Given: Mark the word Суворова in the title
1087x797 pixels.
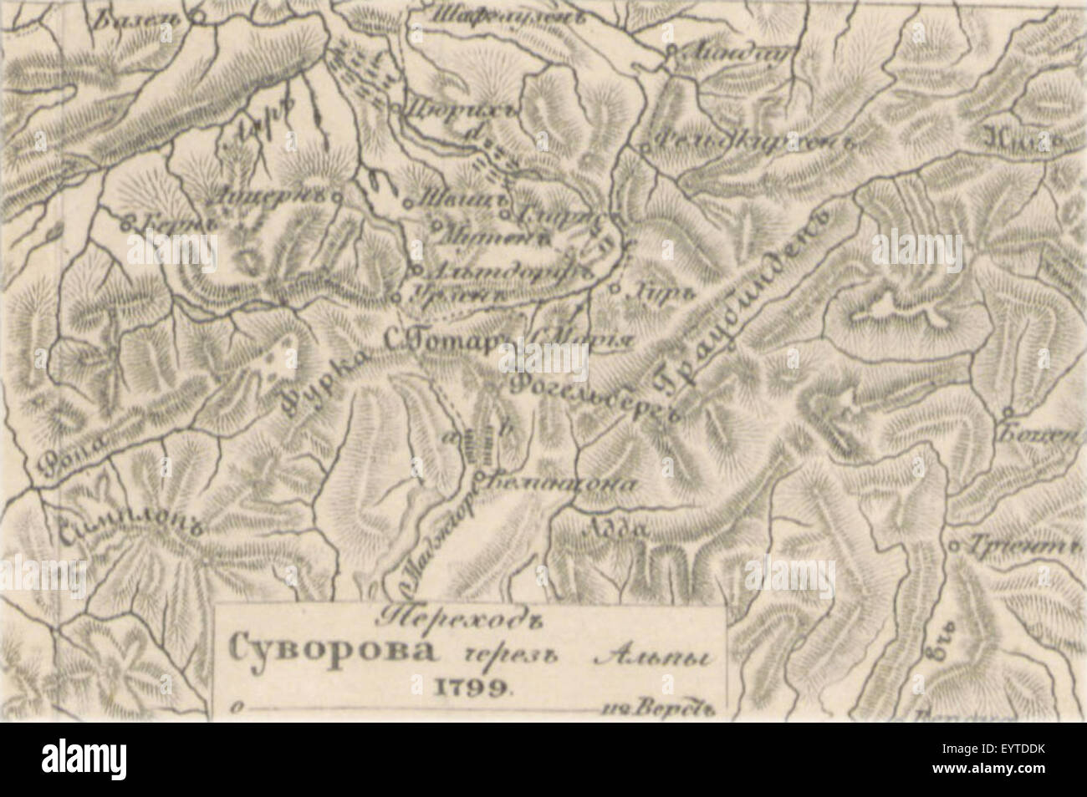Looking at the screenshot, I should (314, 648).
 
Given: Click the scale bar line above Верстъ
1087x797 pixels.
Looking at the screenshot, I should (418, 711).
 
